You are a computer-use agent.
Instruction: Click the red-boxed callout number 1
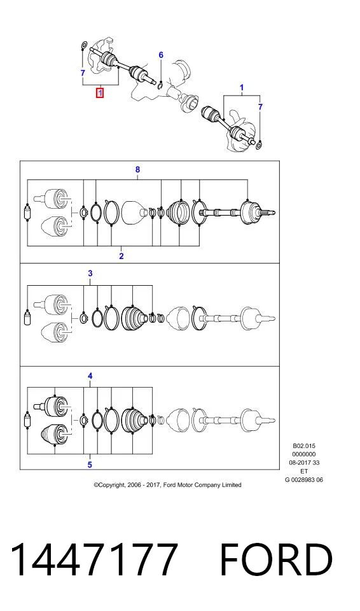(x=100, y=93)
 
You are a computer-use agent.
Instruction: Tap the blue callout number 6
(x=161, y=55)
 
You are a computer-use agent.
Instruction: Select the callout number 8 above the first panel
(x=137, y=169)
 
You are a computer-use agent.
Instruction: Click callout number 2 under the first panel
(x=121, y=256)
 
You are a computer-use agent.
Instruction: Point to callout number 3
(x=90, y=273)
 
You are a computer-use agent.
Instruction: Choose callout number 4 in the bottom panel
(x=90, y=376)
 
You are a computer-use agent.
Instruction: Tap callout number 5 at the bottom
(x=90, y=465)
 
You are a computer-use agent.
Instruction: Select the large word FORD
(x=276, y=559)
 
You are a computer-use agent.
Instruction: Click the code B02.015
(x=304, y=446)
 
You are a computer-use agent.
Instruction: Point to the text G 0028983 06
(x=304, y=480)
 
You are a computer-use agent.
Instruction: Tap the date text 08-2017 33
(x=304, y=463)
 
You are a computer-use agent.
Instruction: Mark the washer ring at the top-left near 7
(x=83, y=46)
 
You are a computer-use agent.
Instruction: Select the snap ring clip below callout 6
(x=160, y=85)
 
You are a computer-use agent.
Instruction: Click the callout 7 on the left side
(x=83, y=73)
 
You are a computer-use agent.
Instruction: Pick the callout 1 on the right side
(x=242, y=88)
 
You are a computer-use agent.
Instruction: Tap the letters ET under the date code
(x=304, y=471)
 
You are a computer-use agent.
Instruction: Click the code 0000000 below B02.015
(x=304, y=454)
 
